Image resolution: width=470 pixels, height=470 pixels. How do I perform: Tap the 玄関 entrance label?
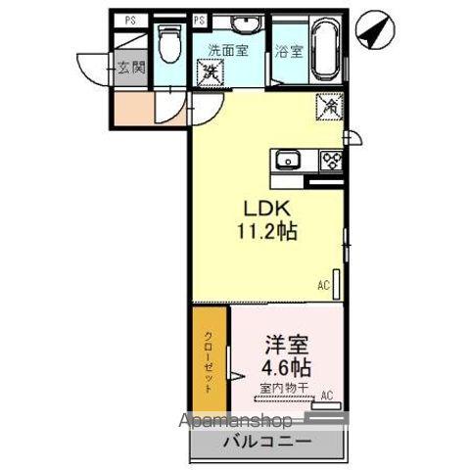point(131,68)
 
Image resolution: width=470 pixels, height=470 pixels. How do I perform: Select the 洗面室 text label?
point(226,48)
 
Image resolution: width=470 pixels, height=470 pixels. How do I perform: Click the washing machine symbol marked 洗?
point(209,70)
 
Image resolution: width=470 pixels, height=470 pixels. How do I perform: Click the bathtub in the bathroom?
point(323,51)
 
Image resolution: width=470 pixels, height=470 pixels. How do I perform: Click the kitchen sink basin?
point(288,161)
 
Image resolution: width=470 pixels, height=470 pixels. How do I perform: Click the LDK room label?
point(264,210)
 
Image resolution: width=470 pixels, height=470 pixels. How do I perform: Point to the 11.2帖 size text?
point(264,233)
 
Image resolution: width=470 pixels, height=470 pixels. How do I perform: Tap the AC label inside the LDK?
point(322,286)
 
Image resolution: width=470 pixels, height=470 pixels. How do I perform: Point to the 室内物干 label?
point(285,388)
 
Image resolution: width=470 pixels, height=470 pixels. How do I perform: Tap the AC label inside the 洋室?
point(328,396)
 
